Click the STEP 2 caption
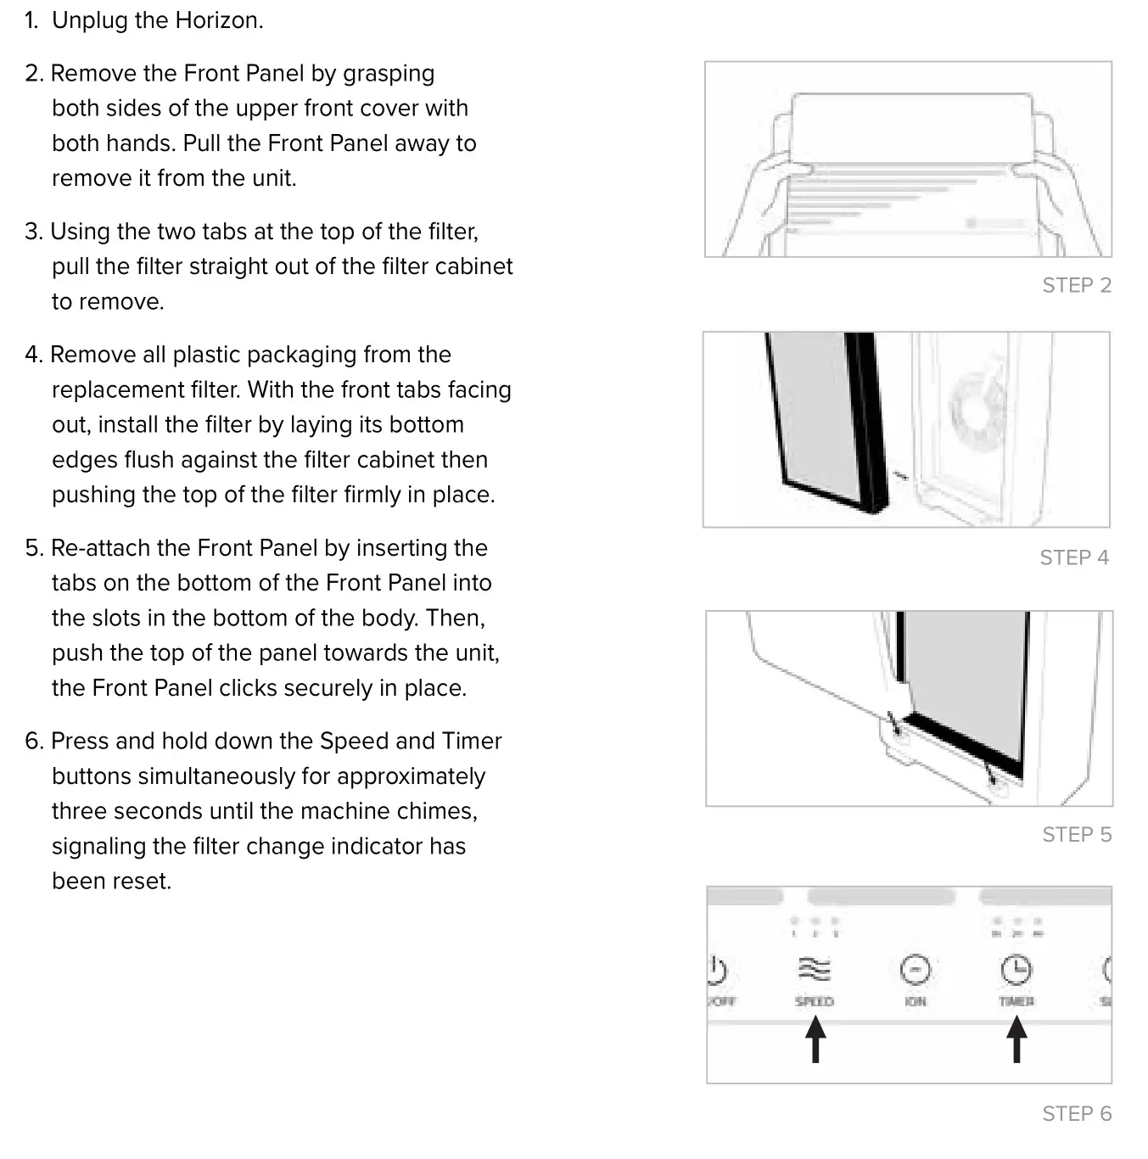coord(1076,285)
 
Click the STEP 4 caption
coord(1073,557)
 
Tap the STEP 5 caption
coord(1076,835)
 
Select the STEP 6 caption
coord(1076,1113)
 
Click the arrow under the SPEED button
coord(815,1039)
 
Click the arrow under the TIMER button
coord(1016,1039)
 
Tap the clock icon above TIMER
coord(1016,969)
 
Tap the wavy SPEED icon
coord(814,969)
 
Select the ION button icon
coord(915,970)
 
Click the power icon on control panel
coord(717,970)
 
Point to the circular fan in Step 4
coord(978,402)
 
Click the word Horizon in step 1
coord(217,20)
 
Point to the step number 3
coord(33,232)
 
